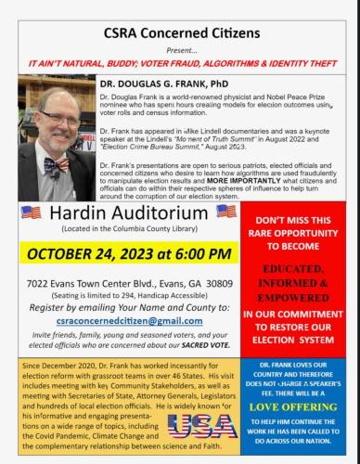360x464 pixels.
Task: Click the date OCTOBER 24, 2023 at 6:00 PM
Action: click(x=122, y=254)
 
